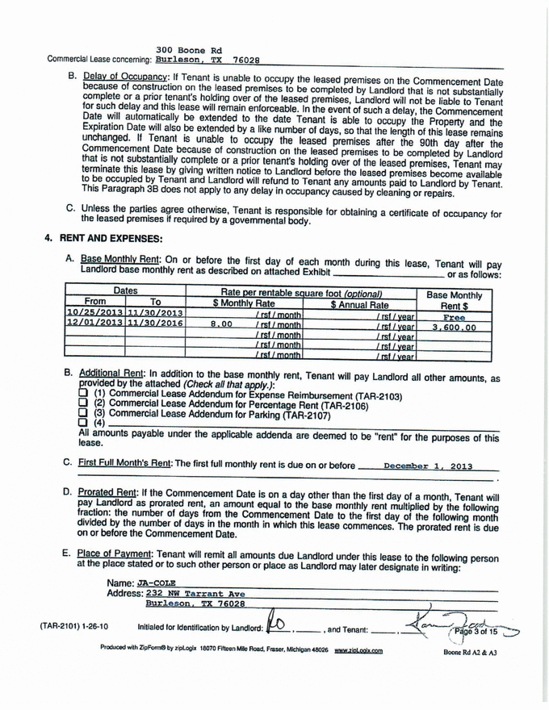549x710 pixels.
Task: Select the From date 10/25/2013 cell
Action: [x=91, y=312]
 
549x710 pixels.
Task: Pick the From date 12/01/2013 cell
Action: [x=91, y=324]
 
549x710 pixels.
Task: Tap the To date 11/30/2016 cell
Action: [x=154, y=324]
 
